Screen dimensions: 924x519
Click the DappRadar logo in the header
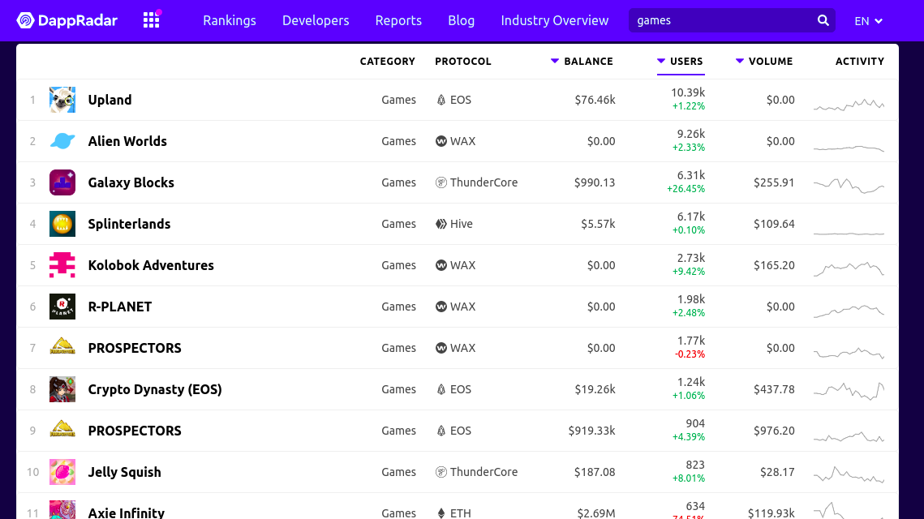coord(67,20)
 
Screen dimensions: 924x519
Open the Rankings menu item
coord(230,20)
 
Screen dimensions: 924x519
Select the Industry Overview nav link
coord(555,20)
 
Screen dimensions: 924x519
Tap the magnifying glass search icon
coord(823,20)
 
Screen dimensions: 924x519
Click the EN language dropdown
coord(869,21)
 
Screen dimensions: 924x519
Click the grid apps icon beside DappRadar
coord(152,20)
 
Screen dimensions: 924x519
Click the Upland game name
coord(110,100)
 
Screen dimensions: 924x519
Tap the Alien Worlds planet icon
coord(62,141)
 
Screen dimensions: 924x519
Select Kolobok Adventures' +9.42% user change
coord(689,272)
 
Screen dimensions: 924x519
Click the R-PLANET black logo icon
coord(62,307)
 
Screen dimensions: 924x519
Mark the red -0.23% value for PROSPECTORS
coord(690,354)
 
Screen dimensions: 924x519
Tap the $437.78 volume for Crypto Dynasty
coord(774,389)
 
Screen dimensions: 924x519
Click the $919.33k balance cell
coord(591,431)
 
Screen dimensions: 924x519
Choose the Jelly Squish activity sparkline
coord(849,474)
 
